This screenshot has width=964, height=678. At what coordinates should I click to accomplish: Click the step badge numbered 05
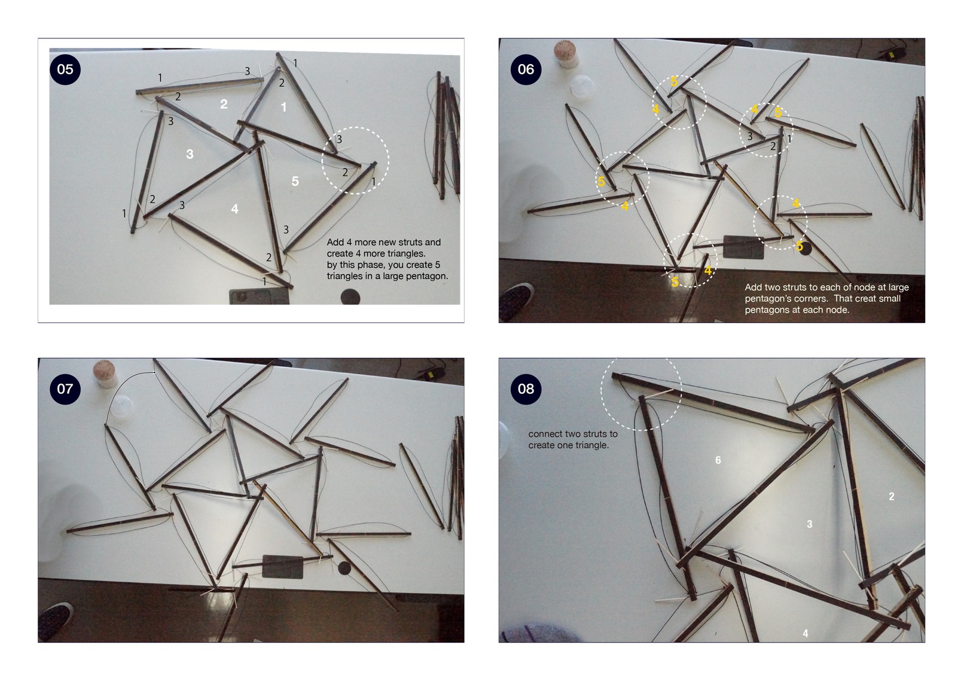point(65,69)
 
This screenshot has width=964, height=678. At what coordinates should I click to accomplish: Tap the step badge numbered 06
point(526,69)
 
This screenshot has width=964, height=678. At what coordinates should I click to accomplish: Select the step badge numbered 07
point(65,389)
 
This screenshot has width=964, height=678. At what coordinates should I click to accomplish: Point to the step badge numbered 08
point(526,389)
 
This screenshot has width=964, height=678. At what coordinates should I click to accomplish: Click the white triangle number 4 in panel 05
point(234,209)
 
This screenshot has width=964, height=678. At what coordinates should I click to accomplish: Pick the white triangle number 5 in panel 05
point(295,181)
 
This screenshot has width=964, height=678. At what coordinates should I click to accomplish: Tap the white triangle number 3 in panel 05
point(190,154)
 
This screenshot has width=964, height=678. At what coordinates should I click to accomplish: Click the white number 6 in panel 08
point(718,460)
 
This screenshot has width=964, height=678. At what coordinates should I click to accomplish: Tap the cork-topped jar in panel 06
point(565,54)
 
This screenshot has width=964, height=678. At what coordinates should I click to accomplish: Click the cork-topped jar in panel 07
point(105,373)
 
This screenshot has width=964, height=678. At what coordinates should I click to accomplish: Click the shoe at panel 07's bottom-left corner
point(55,621)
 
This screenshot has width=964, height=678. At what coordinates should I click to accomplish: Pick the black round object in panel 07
point(344,568)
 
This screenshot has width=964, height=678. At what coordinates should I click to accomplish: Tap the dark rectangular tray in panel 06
point(743,247)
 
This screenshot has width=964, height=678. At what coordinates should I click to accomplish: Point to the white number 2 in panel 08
point(891,496)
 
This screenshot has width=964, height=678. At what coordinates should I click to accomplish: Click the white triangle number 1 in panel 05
point(283,107)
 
